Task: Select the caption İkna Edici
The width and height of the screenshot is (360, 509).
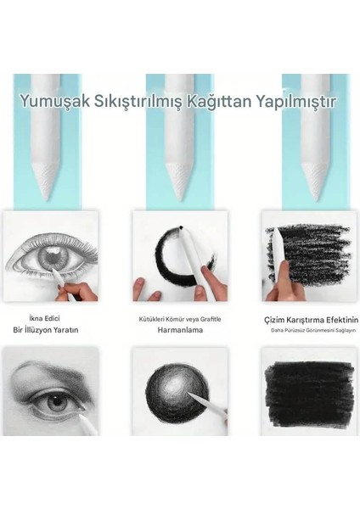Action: [x=51, y=318]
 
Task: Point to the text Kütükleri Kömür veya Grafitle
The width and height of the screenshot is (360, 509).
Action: [x=179, y=319]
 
